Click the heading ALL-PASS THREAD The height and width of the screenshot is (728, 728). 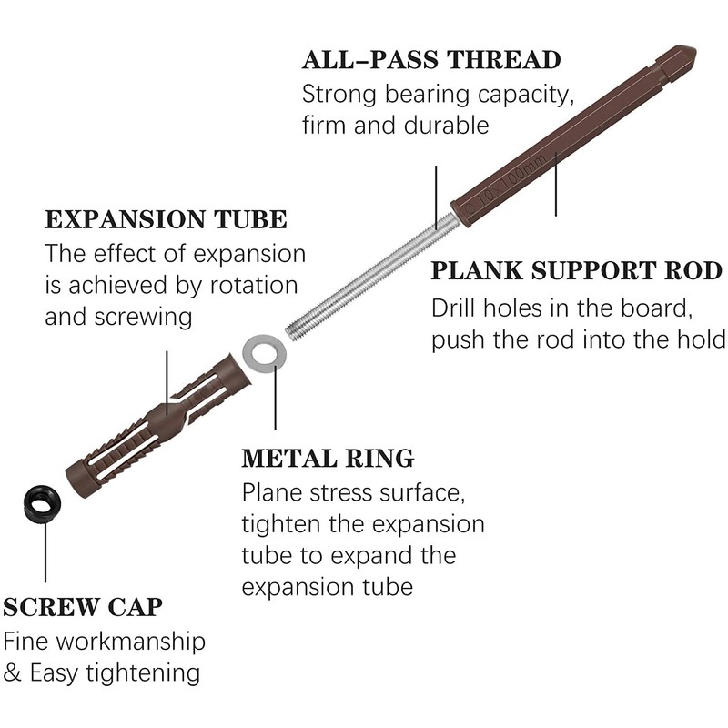(x=431, y=61)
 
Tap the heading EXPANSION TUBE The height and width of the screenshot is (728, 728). (x=167, y=219)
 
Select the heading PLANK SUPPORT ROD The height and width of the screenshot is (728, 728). (x=577, y=271)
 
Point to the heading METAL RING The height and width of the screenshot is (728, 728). (x=328, y=457)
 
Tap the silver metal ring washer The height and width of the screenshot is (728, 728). (x=264, y=351)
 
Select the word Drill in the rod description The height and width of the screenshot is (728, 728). (x=460, y=307)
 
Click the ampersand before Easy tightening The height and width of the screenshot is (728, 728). (x=13, y=673)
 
